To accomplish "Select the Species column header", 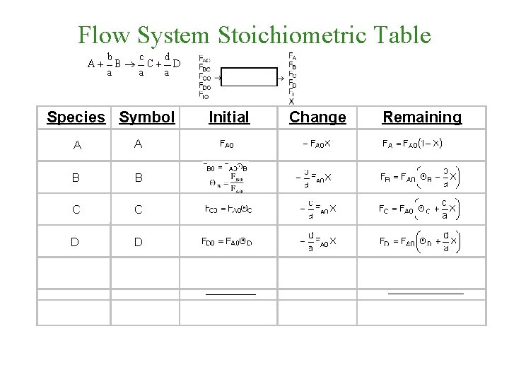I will point(76,117).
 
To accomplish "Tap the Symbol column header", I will point(146,117).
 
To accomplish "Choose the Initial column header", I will point(229,117).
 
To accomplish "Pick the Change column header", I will point(318,117).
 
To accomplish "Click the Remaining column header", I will point(422,117).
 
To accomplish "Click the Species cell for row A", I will point(76,145).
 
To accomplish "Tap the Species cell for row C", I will point(76,210).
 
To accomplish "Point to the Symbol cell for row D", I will point(139,243).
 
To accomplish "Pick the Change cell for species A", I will point(317,144).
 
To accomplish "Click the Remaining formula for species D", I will point(418,242).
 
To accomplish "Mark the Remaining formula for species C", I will point(418,210).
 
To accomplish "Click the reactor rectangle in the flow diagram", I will point(250,77).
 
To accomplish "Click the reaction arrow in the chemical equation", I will point(130,64).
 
